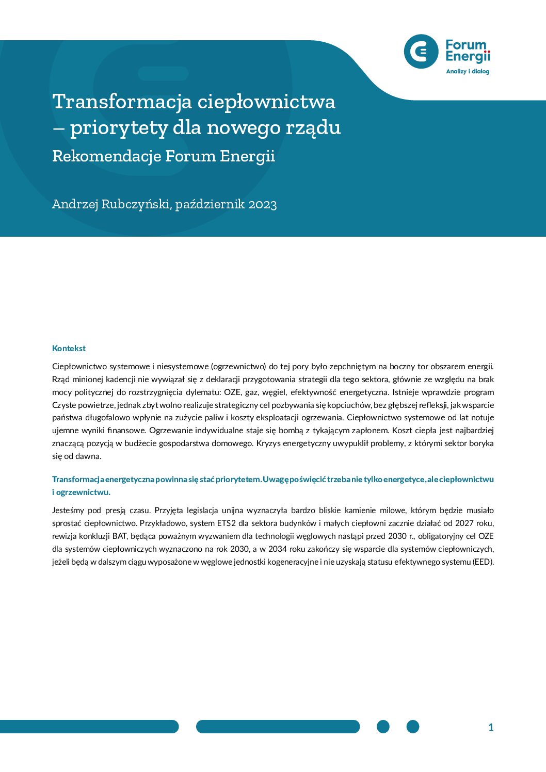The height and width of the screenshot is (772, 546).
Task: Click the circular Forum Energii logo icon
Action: [421, 52]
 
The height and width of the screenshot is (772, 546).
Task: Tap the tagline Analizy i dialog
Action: [468, 72]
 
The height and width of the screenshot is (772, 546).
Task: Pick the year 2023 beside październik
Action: [263, 205]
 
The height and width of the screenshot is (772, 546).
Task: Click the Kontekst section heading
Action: [69, 349]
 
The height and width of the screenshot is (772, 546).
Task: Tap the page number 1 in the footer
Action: [491, 727]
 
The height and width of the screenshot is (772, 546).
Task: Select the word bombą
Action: [291, 431]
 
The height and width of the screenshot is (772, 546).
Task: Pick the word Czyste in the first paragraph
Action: [64, 405]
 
